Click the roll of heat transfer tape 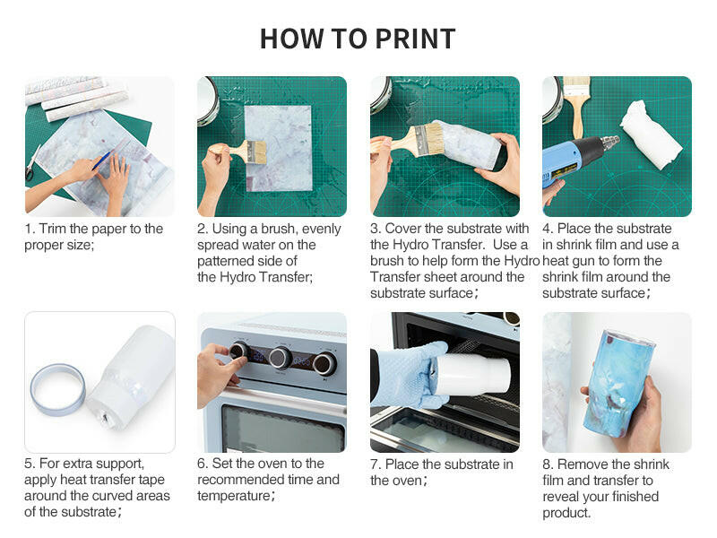57,389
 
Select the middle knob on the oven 280,358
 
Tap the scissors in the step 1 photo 31,164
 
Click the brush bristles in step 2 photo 257,152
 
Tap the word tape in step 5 150,480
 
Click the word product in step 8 566,513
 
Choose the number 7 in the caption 375,464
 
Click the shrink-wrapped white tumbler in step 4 652,135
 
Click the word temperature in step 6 234,497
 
